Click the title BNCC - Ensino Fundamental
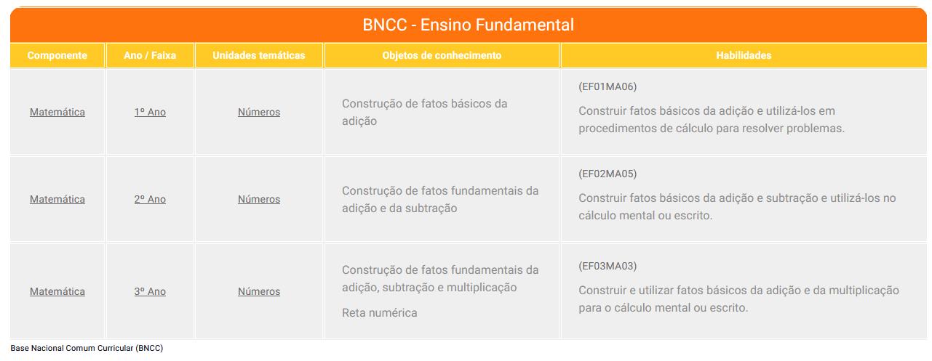click(468, 25)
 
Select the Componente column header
click(57, 55)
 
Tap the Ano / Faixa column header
click(150, 55)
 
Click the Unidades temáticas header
click(259, 55)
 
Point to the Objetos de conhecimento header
click(442, 55)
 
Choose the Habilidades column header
click(744, 55)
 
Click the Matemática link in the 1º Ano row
click(57, 112)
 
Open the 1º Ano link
click(150, 112)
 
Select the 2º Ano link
click(150, 200)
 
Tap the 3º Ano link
click(150, 291)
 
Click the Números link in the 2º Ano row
click(259, 200)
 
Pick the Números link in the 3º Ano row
click(259, 291)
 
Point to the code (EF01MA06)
click(608, 86)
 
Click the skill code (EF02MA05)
click(608, 174)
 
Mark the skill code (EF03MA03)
click(608, 266)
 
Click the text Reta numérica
click(380, 313)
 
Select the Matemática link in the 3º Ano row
click(57, 291)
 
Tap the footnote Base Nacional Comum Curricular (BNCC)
click(87, 348)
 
